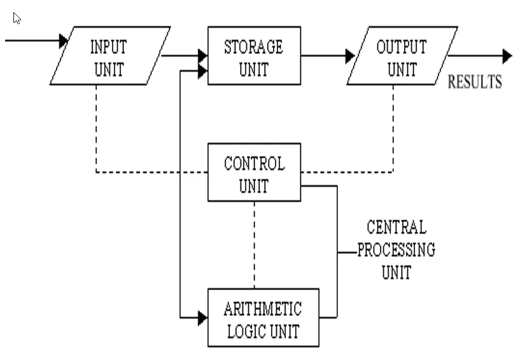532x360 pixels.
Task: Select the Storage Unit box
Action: [x=253, y=56]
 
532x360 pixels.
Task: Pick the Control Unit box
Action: [x=254, y=173]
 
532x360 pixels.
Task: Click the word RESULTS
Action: [x=475, y=83]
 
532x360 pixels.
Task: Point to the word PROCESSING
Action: [x=396, y=250]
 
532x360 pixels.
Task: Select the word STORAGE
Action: [x=253, y=47]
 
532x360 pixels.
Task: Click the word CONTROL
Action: [x=254, y=163]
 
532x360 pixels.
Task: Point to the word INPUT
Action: [x=108, y=47]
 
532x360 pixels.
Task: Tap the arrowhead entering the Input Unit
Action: [x=64, y=41]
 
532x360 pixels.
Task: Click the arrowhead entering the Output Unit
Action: [x=349, y=56]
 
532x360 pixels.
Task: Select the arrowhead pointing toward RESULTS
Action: [x=507, y=56]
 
